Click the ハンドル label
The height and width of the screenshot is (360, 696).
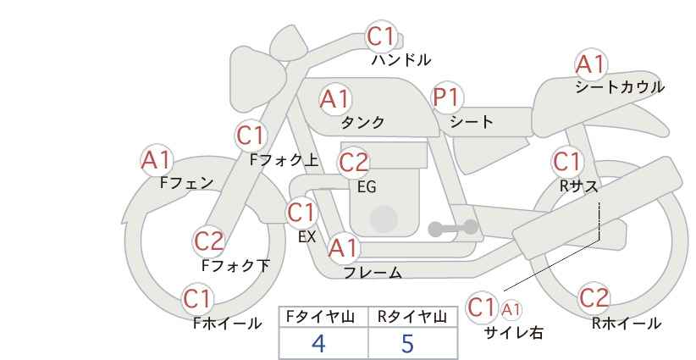pos(401,60)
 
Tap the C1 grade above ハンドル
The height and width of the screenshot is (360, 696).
pos(381,37)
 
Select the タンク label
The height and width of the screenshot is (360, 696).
pos(362,123)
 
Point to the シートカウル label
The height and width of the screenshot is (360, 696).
pos(619,87)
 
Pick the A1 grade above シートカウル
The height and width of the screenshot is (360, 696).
pos(590,64)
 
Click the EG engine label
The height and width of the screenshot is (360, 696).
pos(366,187)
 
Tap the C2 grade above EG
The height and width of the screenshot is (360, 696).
pos(354,162)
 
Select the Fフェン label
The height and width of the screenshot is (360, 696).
pos(186,182)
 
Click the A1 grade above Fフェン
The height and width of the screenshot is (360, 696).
pos(156,159)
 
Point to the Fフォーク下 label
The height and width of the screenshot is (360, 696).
pos(235,266)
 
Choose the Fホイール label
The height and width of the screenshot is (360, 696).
pos(227,323)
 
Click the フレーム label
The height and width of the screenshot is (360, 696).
pos(372,273)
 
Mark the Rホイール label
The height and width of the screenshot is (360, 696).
pos(626,323)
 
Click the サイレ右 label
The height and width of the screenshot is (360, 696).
pos(513,333)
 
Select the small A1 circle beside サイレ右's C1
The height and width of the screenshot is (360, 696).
pos(512,309)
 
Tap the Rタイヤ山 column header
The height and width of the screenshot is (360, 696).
pos(412,317)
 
